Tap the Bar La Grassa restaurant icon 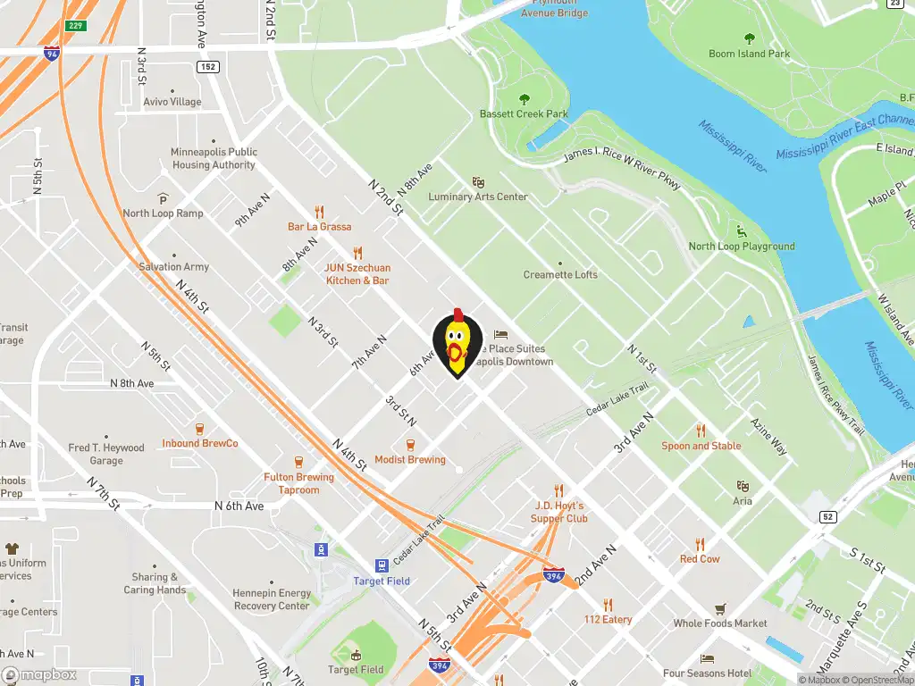click(319, 212)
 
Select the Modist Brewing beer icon click(410, 444)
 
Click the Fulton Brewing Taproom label click(298, 483)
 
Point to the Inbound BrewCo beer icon click(199, 428)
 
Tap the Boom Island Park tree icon click(749, 38)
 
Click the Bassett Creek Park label click(524, 114)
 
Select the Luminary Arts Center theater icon click(478, 181)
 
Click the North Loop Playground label click(742, 247)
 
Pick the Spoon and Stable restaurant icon click(701, 430)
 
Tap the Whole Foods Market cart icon click(720, 609)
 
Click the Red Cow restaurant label click(700, 559)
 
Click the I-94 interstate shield click(52, 53)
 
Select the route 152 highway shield click(208, 67)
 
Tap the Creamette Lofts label click(560, 275)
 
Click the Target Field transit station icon click(382, 565)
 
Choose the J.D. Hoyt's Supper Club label click(559, 512)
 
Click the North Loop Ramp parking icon click(163, 197)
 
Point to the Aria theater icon click(742, 486)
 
